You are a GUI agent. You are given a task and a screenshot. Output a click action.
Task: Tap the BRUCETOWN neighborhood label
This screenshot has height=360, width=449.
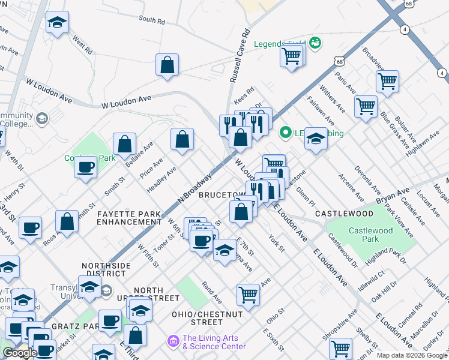click(221, 195)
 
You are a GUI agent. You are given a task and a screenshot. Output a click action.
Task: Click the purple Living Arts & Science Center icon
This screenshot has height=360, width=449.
click(174, 341)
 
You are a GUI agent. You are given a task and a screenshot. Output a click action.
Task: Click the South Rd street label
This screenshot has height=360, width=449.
click(152, 19)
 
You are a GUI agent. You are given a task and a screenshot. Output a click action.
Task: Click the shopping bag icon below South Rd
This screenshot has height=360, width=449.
click(167, 65)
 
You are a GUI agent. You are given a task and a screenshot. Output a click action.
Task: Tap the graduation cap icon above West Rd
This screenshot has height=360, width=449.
click(58, 22)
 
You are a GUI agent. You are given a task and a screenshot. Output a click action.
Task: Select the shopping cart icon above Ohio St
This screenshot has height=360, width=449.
click(248, 295)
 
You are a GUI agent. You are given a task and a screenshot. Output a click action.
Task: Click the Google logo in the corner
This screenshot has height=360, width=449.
click(19, 353)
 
